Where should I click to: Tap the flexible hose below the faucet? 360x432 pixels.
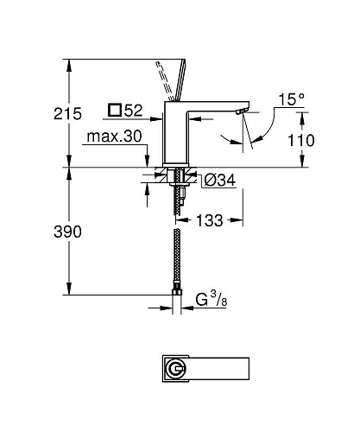[x=179, y=259]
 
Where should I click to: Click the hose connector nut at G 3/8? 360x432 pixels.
[x=179, y=302]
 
